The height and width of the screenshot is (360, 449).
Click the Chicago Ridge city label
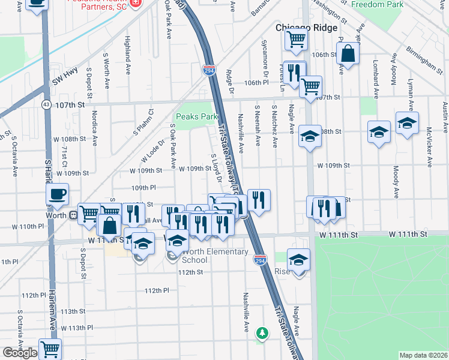click(306, 28)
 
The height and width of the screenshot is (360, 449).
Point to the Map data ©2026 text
click(423, 355)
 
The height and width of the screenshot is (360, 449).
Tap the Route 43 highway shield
click(46, 104)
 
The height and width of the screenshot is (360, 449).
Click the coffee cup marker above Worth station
click(58, 194)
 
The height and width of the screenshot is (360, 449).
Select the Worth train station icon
click(73, 214)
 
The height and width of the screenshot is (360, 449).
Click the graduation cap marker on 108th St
click(310, 136)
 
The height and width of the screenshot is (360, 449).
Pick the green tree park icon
click(261, 332)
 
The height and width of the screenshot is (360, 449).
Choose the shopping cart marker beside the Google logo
click(50, 348)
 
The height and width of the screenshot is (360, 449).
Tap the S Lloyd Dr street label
click(217, 169)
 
